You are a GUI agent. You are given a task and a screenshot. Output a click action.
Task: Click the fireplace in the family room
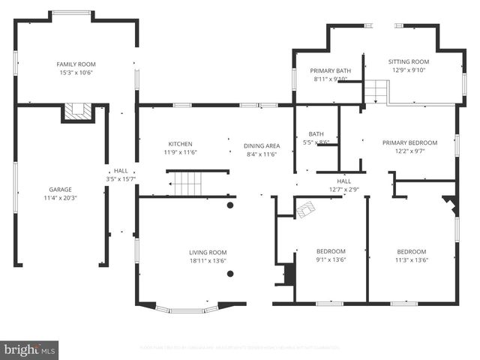pos(77,112)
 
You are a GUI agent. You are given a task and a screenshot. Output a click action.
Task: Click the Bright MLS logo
pos(30,349)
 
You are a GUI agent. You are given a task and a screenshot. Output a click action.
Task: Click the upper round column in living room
pos(230,205)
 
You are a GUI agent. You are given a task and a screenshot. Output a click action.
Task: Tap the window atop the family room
pos(72,12)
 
